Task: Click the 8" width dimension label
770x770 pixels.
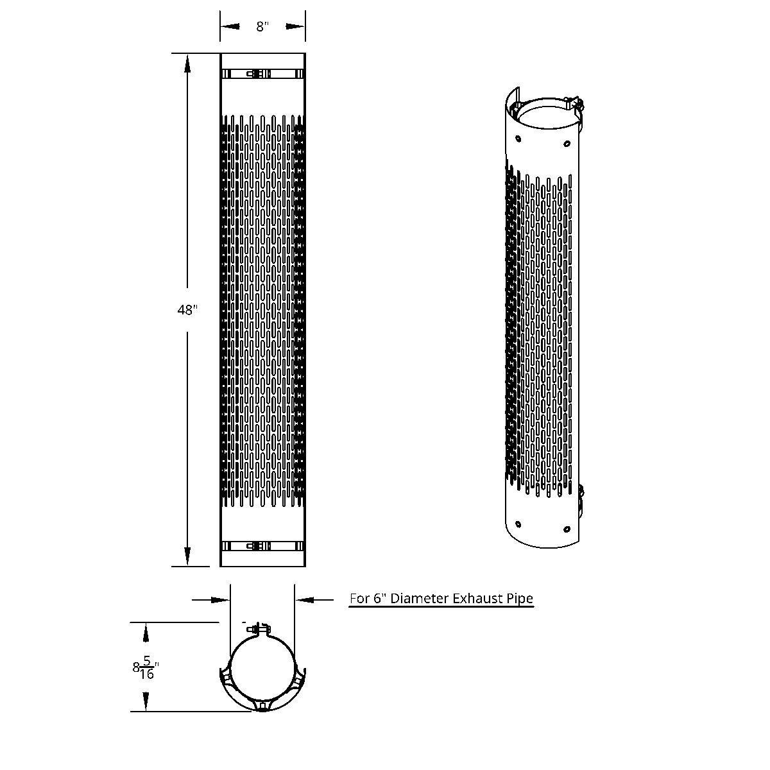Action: (x=262, y=27)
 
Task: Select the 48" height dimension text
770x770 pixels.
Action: (x=187, y=310)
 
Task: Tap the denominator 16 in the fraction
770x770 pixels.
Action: (x=147, y=675)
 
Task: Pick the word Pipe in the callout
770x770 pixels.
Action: (x=520, y=599)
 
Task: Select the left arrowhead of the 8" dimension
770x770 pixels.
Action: (x=228, y=27)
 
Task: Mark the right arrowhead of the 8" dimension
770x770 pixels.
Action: (x=298, y=27)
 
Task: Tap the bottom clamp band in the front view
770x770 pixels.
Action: (x=262, y=547)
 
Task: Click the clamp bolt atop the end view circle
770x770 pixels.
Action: (x=261, y=629)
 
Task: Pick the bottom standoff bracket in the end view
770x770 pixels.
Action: (x=262, y=705)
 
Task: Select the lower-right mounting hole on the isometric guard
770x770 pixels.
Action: (x=566, y=529)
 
